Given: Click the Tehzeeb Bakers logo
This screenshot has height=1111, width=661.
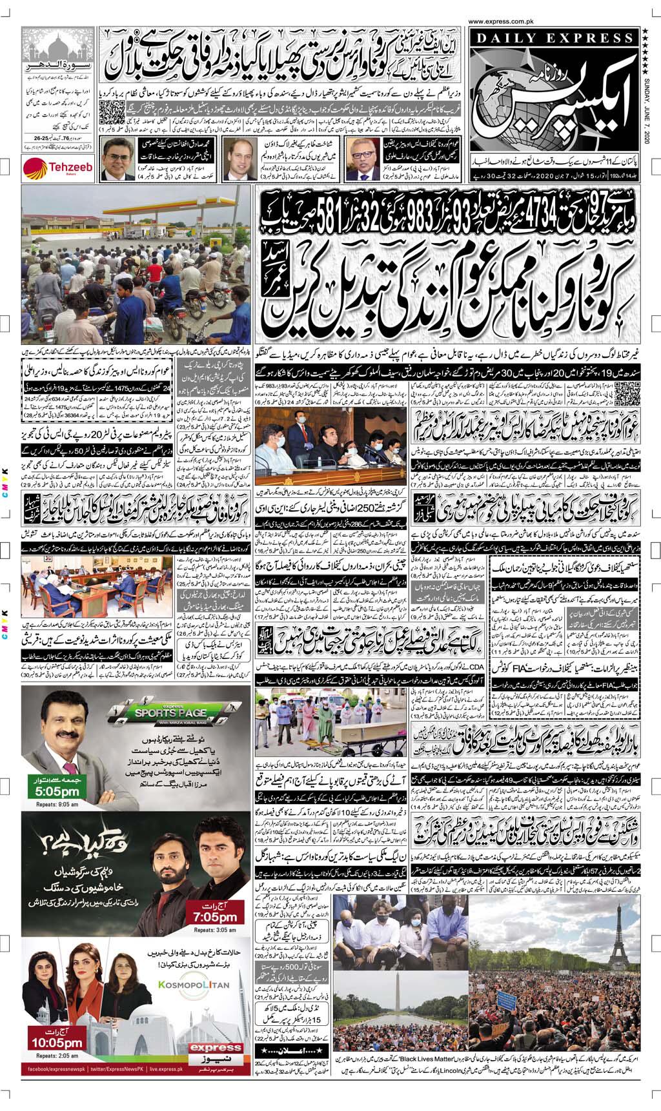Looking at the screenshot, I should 50,168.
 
